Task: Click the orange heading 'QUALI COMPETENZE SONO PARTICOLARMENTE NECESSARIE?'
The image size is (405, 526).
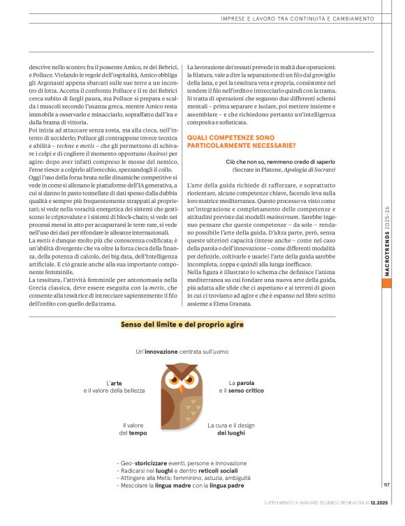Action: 241,142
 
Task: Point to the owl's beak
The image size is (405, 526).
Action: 182,386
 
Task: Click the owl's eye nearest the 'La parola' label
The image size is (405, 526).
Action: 191,380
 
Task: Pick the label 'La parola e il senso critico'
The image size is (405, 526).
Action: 241,386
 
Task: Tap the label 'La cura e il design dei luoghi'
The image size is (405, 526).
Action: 231,428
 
